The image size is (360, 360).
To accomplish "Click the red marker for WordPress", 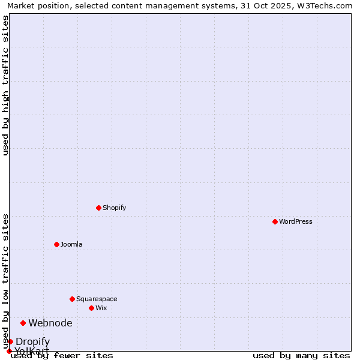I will [275, 221].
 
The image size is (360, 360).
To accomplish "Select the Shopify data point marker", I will [98, 208].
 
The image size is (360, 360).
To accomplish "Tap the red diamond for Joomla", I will [56, 244].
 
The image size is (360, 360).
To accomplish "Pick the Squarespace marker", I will [72, 299].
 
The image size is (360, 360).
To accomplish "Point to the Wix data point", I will [91, 308].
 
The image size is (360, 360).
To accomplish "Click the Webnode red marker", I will [23, 323].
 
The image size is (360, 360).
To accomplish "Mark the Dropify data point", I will [10, 341].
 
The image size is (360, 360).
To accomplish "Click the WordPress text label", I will [296, 221].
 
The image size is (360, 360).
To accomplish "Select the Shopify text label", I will [114, 208].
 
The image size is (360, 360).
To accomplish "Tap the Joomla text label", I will [71, 244].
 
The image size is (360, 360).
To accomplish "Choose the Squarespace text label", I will [97, 299].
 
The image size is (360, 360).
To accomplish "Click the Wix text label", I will [101, 308].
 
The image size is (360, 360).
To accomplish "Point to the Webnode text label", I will [50, 323].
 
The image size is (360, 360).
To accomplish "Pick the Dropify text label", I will [33, 341].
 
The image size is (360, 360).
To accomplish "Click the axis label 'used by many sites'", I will [301, 355].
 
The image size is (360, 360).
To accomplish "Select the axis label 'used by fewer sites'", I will [62, 355].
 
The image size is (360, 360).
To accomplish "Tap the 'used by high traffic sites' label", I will [5, 85].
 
